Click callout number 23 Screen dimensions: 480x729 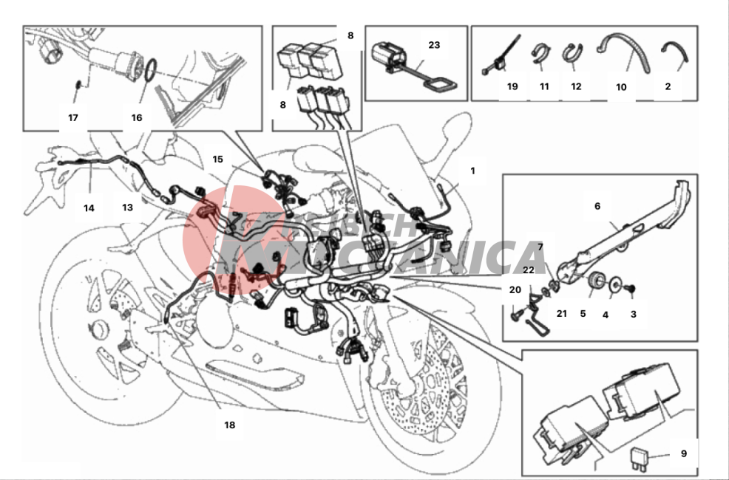[x=434, y=44]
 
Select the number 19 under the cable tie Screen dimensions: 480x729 [x=512, y=86]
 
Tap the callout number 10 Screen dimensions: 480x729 [x=621, y=86]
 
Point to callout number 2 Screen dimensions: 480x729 [x=668, y=86]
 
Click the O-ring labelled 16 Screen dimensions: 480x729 [x=150, y=69]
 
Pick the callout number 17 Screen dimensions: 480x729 [x=72, y=117]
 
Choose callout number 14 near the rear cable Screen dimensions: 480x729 [x=89, y=208]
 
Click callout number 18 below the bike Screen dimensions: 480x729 [x=229, y=425]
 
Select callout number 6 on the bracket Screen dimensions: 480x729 [x=597, y=207]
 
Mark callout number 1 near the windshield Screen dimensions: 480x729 [x=472, y=171]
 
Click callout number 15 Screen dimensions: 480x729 [x=217, y=159]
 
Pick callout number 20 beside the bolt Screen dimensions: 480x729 [x=515, y=289]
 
